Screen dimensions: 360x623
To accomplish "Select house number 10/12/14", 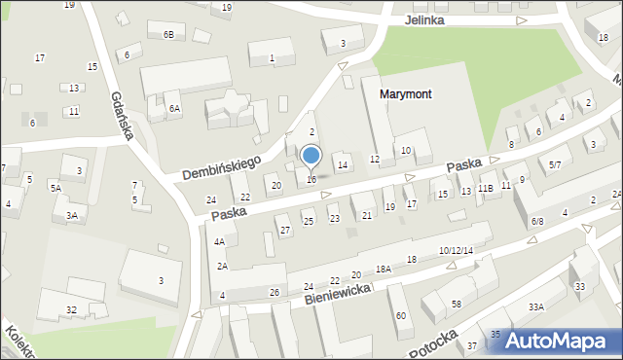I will tap(456, 251).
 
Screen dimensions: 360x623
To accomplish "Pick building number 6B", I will tap(168, 35).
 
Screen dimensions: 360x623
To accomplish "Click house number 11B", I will tap(486, 188).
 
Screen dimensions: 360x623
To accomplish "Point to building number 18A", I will tap(384, 269).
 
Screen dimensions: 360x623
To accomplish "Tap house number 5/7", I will tap(554, 165).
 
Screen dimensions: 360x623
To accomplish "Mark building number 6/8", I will tap(537, 222).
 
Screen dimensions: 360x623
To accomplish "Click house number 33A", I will tap(535, 306).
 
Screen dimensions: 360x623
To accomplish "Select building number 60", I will tap(400, 315).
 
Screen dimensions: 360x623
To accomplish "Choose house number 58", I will tap(456, 305).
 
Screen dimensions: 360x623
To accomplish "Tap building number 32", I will tap(71, 309).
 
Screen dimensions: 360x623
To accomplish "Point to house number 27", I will tap(285, 231).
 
